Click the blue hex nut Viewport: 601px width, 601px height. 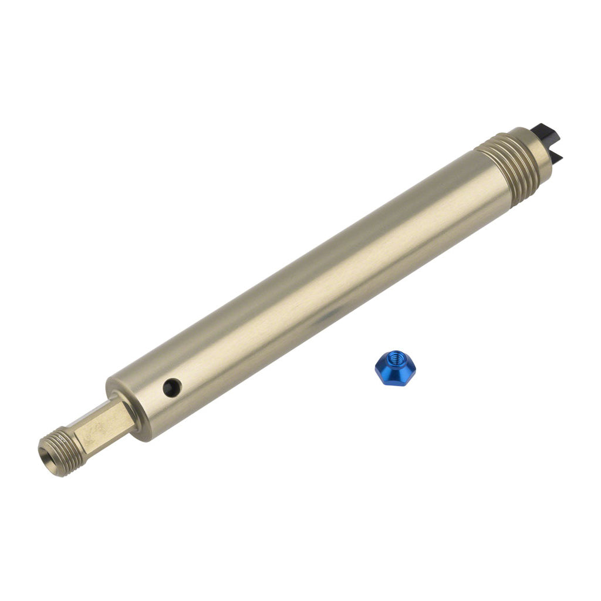pos(395,368)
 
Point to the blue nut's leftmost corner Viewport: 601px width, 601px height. pos(376,369)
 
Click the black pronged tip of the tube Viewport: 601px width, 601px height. pos(548,143)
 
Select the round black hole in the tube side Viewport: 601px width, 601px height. pos(172,387)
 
